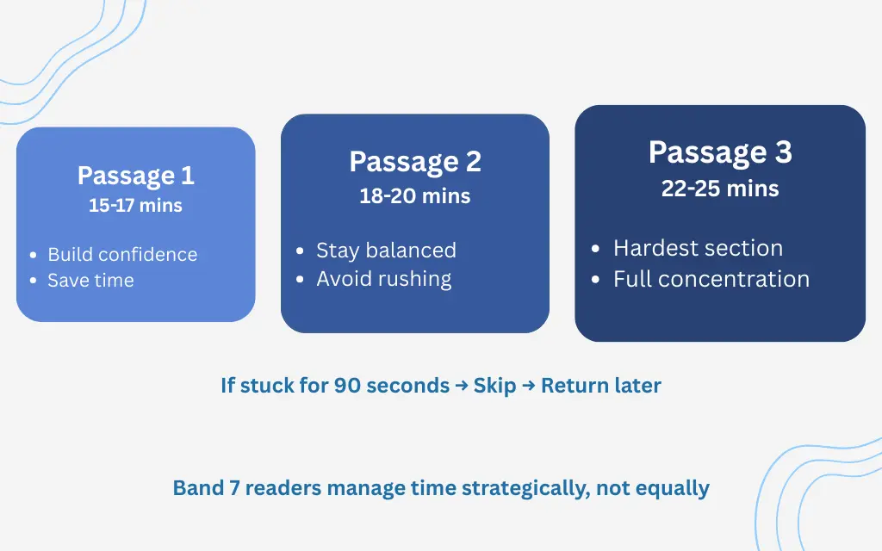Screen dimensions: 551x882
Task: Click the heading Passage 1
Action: [135, 176]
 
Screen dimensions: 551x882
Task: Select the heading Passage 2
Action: [415, 162]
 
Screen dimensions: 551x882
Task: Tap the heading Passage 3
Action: [720, 152]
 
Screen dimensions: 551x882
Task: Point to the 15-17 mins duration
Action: [135, 206]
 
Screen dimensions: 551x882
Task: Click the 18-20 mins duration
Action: [415, 196]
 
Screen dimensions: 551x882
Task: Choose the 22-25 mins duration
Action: [720, 189]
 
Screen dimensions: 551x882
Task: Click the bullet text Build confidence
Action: [122, 255]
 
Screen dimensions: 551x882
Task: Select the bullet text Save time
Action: [90, 281]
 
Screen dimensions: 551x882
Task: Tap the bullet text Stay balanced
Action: [386, 251]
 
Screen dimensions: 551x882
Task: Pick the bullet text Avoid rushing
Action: [383, 279]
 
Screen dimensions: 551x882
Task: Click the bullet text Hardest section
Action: [698, 249]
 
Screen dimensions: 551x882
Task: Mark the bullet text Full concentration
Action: [711, 280]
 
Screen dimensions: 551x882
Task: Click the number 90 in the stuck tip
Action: [347, 385]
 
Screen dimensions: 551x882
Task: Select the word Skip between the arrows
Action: [494, 385]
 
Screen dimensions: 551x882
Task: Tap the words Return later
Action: [601, 385]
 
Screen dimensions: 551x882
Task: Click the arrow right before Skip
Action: [462, 386]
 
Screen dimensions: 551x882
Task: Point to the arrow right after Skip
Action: [528, 386]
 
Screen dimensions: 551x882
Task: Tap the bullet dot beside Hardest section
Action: [596, 250]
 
